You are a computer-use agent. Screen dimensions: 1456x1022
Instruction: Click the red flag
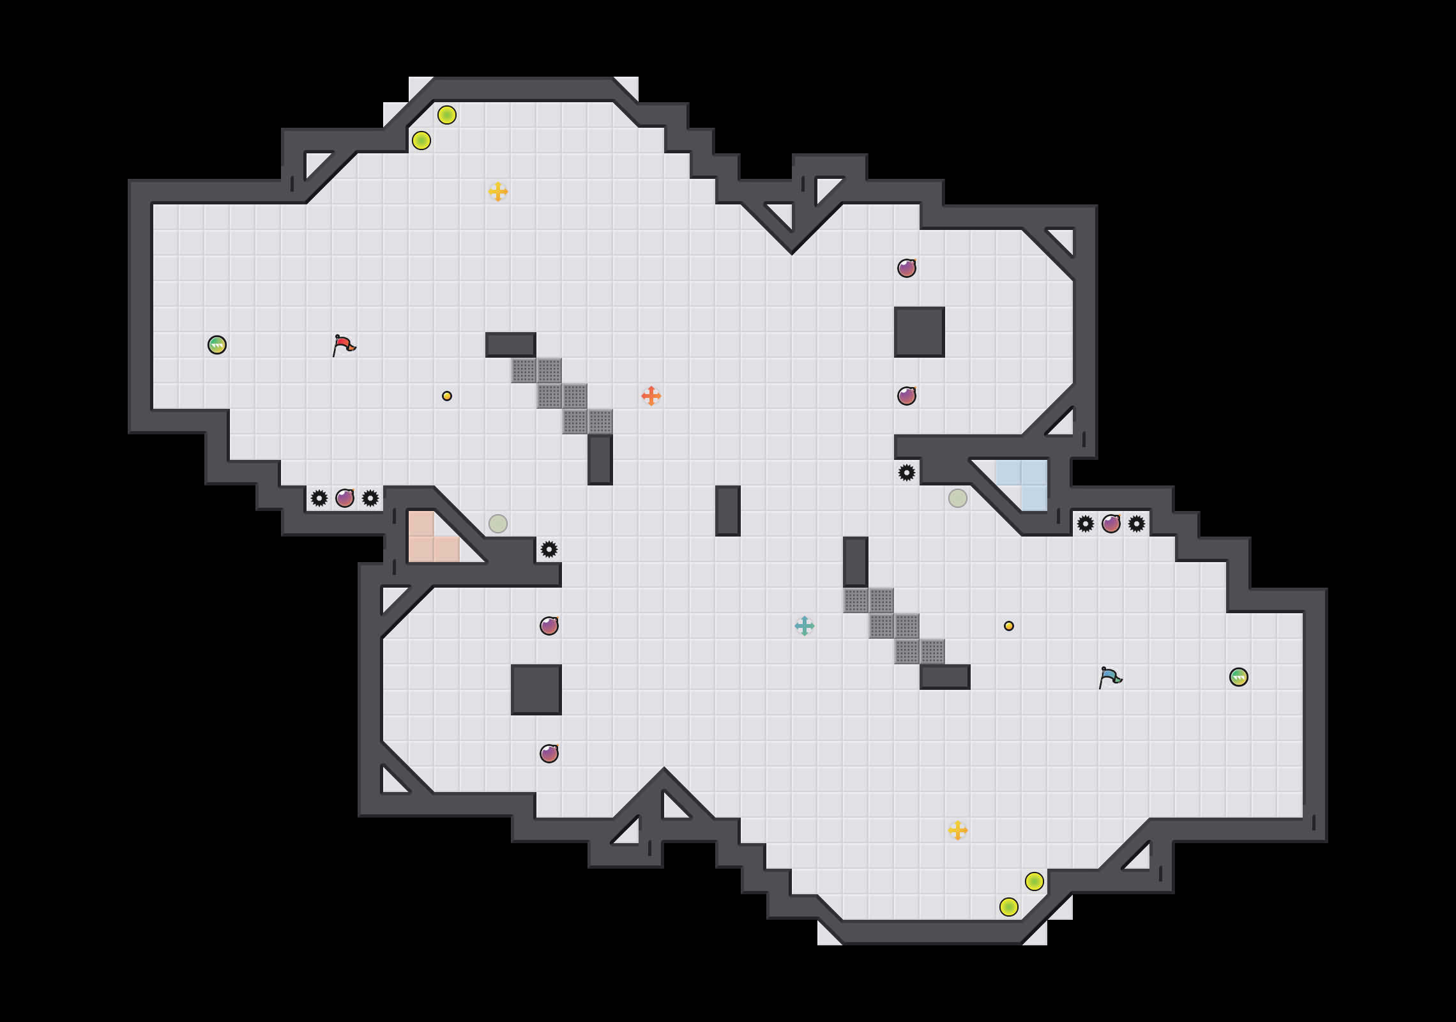pyautogui.click(x=344, y=345)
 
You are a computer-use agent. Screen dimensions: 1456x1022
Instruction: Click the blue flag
pyautogui.click(x=1110, y=677)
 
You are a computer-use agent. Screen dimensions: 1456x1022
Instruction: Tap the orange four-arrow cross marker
pyautogui.click(x=651, y=396)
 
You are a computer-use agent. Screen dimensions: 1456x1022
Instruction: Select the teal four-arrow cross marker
pyautogui.click(x=805, y=626)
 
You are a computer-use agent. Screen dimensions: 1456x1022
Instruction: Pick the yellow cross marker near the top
pyautogui.click(x=498, y=192)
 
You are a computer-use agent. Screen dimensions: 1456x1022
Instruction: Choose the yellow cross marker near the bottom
pyautogui.click(x=958, y=830)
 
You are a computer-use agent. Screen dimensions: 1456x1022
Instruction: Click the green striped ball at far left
pyautogui.click(x=217, y=345)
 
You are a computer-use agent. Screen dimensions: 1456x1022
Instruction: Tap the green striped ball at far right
pyautogui.click(x=1239, y=677)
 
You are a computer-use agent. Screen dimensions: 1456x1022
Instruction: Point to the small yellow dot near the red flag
pyautogui.click(x=447, y=396)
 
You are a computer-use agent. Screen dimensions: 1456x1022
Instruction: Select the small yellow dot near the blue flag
pyautogui.click(x=1009, y=626)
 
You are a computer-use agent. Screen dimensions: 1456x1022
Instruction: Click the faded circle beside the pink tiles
pyautogui.click(x=498, y=524)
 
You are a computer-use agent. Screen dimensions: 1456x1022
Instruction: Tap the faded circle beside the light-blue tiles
pyautogui.click(x=958, y=498)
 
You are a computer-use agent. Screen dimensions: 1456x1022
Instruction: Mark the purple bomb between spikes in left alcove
pyautogui.click(x=345, y=498)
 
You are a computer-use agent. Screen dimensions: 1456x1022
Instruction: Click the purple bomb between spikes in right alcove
pyautogui.click(x=1111, y=524)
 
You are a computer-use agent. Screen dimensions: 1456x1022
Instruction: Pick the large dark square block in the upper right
pyautogui.click(x=920, y=332)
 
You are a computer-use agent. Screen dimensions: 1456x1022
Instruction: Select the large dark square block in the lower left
pyautogui.click(x=536, y=690)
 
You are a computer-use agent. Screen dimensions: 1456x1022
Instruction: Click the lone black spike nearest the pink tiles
pyautogui.click(x=549, y=549)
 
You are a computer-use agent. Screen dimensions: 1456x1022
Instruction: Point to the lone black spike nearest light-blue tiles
pyautogui.click(x=907, y=473)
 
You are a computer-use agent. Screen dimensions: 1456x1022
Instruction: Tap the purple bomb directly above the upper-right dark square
pyautogui.click(x=907, y=268)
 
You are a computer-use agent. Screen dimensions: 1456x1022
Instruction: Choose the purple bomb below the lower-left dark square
pyautogui.click(x=549, y=754)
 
